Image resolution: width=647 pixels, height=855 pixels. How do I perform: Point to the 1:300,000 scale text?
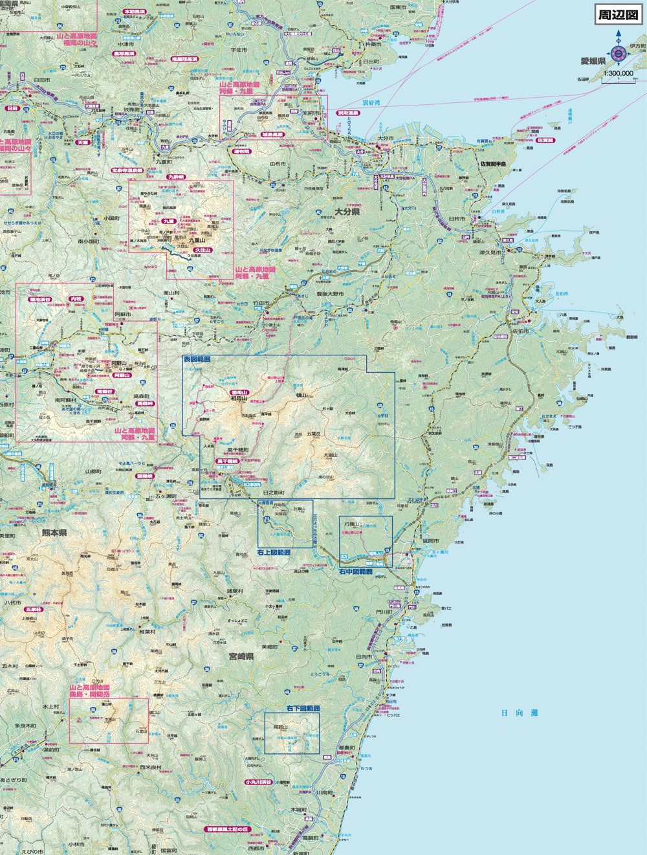point(619,74)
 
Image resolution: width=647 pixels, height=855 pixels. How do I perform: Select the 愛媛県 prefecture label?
point(592,61)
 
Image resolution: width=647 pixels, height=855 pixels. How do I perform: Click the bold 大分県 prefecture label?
point(347,212)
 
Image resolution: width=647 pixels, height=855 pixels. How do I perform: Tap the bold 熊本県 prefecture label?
point(54,532)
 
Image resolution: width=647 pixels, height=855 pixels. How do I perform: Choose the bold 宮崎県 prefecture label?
point(241,656)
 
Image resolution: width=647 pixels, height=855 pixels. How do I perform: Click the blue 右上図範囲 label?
point(274,553)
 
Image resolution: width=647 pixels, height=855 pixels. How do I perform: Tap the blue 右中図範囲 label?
point(356,572)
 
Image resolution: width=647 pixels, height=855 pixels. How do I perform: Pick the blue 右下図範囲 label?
point(303,709)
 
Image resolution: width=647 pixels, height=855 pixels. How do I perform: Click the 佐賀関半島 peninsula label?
point(495,164)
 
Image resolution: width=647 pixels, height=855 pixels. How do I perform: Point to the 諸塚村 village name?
point(234,591)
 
